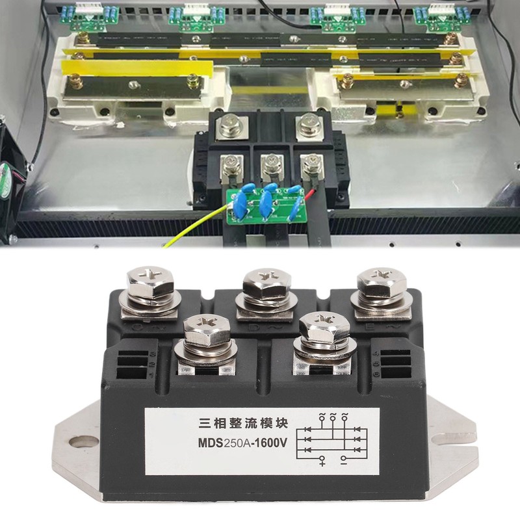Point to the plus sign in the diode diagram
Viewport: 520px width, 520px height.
tap(322, 461)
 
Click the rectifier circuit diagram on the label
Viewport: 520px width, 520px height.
tap(333, 437)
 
